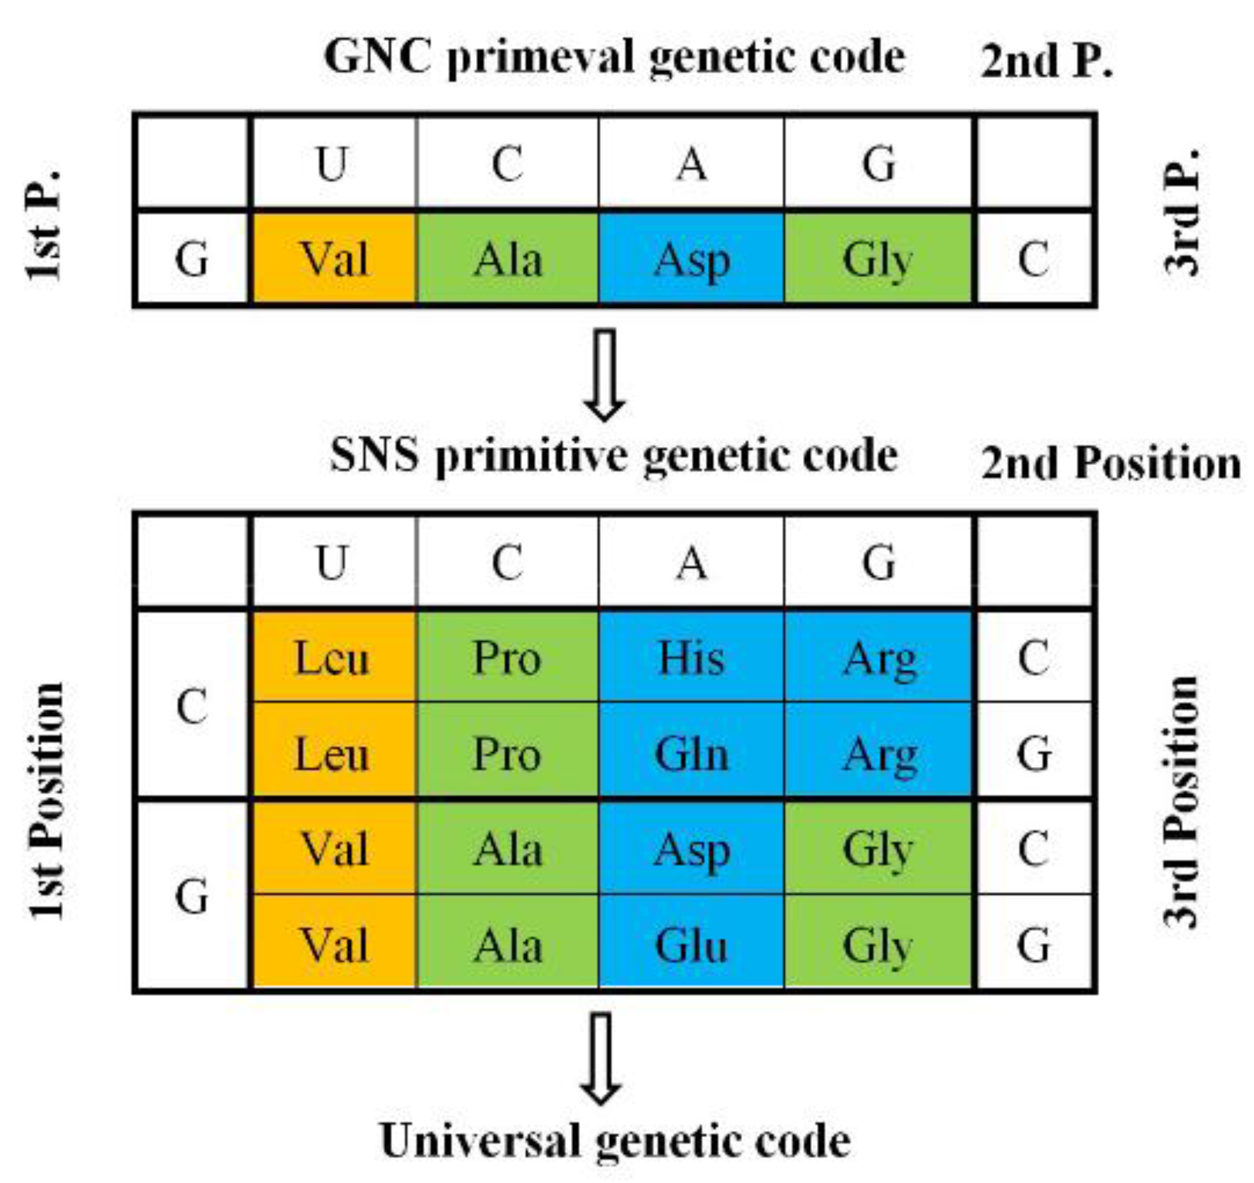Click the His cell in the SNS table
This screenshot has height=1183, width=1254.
click(691, 658)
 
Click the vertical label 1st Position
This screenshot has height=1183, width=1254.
click(48, 801)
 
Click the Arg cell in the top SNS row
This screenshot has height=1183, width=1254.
click(879, 658)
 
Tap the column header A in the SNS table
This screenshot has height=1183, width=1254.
click(691, 563)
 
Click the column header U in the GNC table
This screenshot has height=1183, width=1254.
click(333, 164)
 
